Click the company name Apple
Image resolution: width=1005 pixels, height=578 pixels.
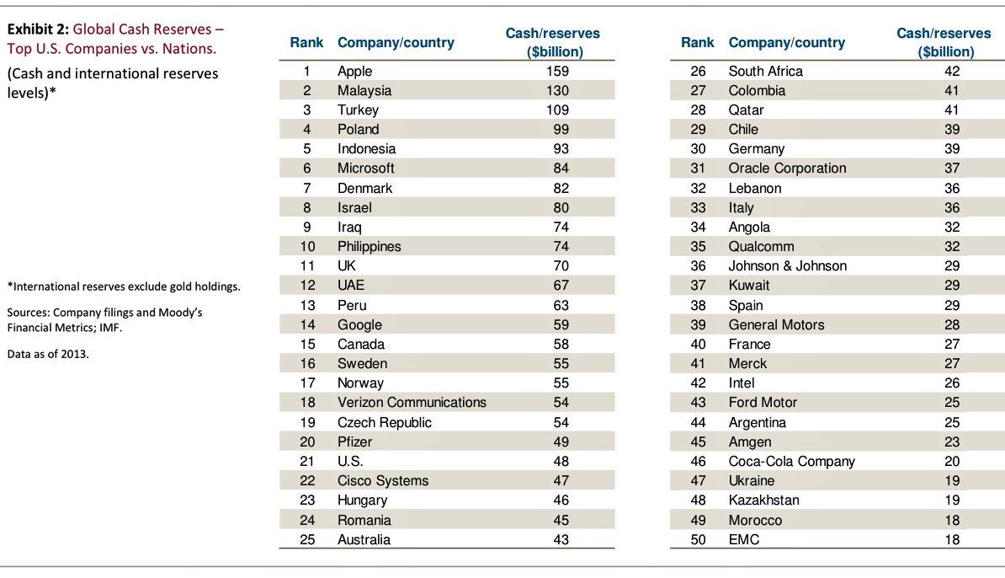click(x=354, y=71)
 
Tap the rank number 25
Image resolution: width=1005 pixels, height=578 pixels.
click(x=307, y=539)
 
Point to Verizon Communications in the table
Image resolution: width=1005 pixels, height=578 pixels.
click(x=412, y=403)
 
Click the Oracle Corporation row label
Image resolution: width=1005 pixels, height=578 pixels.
click(x=787, y=169)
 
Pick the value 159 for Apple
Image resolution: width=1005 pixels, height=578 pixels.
click(x=556, y=71)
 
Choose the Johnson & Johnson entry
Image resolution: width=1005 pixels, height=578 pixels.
click(x=787, y=266)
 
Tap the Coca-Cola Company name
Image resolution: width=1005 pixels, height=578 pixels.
click(x=791, y=461)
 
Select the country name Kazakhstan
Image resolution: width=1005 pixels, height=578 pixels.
click(x=763, y=500)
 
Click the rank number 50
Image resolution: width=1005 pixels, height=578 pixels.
click(x=698, y=539)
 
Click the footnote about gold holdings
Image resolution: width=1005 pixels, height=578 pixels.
click(x=124, y=286)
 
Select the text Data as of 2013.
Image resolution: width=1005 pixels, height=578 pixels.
click(x=48, y=354)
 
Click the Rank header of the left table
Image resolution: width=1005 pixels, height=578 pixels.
click(x=307, y=42)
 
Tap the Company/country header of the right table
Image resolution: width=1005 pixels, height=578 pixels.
click(x=787, y=42)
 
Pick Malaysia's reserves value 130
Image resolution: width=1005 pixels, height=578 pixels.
click(x=556, y=90)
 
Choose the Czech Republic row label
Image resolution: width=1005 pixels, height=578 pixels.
click(x=384, y=422)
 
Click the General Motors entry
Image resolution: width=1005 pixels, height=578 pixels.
click(x=776, y=324)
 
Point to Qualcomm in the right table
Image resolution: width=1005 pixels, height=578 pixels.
click(x=761, y=247)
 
